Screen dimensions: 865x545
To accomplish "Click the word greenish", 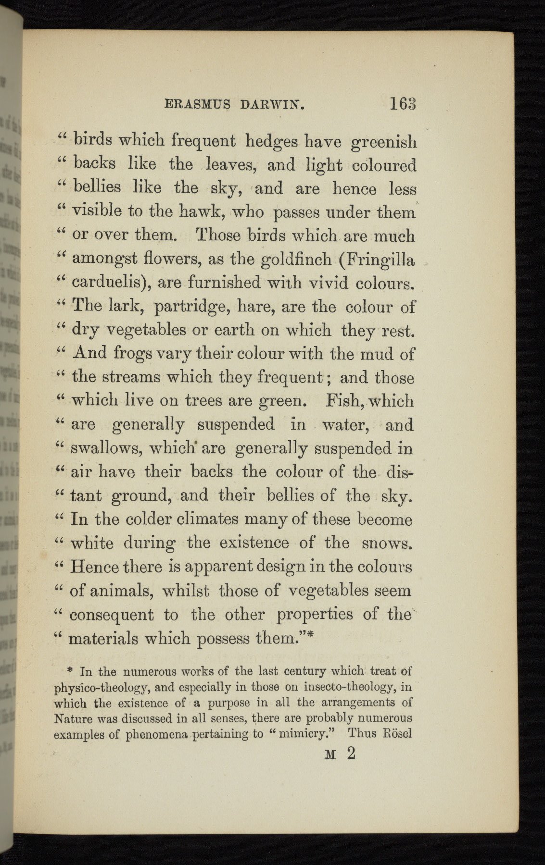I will tap(383, 143).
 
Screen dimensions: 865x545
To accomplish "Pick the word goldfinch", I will tap(296, 259).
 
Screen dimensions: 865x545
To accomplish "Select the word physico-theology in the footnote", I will tap(103, 688).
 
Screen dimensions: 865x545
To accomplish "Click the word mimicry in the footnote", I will tap(305, 734).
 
